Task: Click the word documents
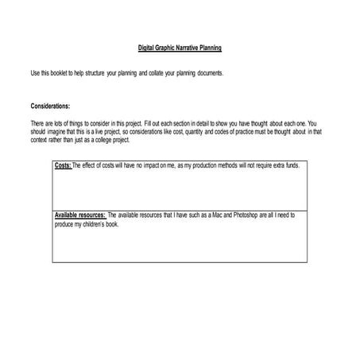point(210,72)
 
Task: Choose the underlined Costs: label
point(63,165)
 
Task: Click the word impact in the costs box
point(149,165)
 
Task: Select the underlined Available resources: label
point(79,215)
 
